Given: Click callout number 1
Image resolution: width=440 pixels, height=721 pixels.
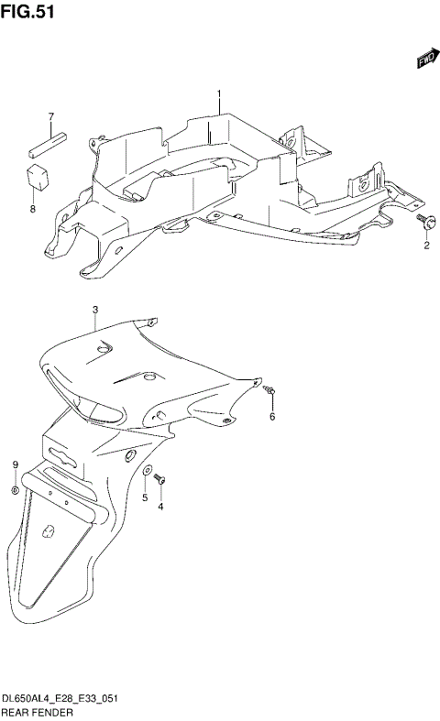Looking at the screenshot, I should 220,94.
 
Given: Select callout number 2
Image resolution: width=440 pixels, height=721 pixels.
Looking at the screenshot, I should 425,246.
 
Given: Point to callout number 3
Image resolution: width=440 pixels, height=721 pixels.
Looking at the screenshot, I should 94,311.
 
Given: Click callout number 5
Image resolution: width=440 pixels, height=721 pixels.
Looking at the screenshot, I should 144,497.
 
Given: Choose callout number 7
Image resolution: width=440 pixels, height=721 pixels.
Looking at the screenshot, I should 51,116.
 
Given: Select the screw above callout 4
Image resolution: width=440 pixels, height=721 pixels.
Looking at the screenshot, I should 159,478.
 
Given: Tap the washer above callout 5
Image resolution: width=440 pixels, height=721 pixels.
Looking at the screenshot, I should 146,473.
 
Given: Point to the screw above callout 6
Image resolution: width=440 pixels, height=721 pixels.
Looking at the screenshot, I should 269,392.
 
